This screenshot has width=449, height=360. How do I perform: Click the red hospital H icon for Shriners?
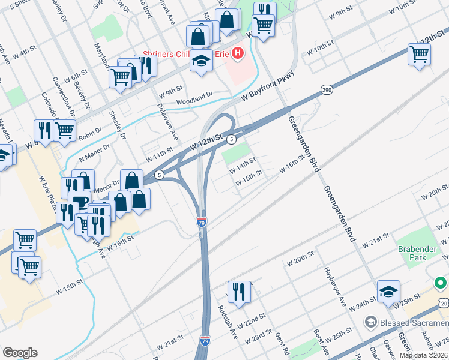click(238, 54)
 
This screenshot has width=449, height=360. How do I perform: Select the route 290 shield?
click(326, 89)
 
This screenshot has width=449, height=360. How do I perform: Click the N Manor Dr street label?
click(95, 152)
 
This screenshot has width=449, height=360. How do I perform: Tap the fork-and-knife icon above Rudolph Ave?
click(239, 292)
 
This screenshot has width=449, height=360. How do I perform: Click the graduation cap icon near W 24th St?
click(388, 291)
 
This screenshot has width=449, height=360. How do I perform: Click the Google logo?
click(20, 352)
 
